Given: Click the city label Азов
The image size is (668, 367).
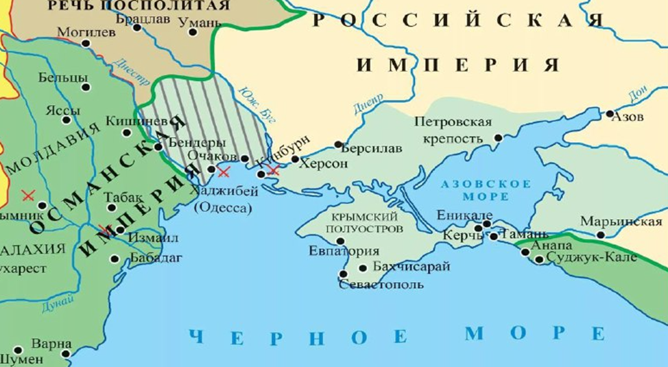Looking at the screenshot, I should (x=629, y=117).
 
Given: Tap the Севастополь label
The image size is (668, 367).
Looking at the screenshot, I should (x=381, y=285).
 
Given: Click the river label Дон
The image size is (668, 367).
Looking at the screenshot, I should (x=638, y=94).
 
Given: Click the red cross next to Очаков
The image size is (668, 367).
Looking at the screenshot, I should (x=223, y=171).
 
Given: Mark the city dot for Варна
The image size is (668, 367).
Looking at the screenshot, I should (x=66, y=354).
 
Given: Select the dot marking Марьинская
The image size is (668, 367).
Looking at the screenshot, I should (x=601, y=235).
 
